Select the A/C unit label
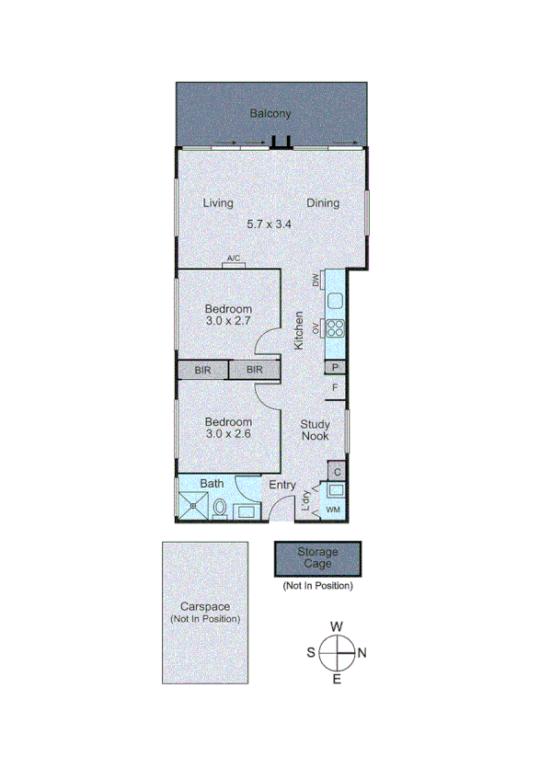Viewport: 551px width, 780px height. click(x=233, y=259)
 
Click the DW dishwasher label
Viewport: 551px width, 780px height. click(x=315, y=280)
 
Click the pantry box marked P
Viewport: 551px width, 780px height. click(x=336, y=368)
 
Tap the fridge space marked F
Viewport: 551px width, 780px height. click(x=336, y=387)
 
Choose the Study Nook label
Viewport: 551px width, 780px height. click(x=316, y=430)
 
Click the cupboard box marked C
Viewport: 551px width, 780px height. click(x=338, y=472)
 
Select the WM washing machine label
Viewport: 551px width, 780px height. click(x=333, y=510)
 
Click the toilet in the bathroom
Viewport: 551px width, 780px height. click(x=220, y=508)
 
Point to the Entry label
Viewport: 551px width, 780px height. click(x=281, y=485)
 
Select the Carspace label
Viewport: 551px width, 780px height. click(x=204, y=607)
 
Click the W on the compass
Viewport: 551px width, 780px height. click(x=337, y=626)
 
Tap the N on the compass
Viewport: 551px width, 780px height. click(x=362, y=653)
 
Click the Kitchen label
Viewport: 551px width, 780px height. click(x=299, y=331)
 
